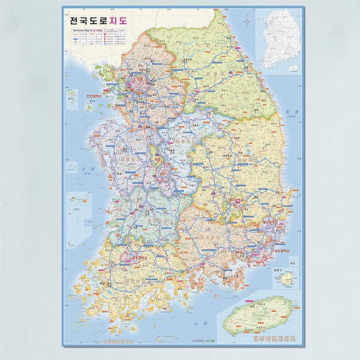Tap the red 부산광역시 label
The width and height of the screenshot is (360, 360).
coord(280,252)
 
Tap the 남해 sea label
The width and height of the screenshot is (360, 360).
coord(196,323)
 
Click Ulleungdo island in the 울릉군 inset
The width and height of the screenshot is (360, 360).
coord(286,279)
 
